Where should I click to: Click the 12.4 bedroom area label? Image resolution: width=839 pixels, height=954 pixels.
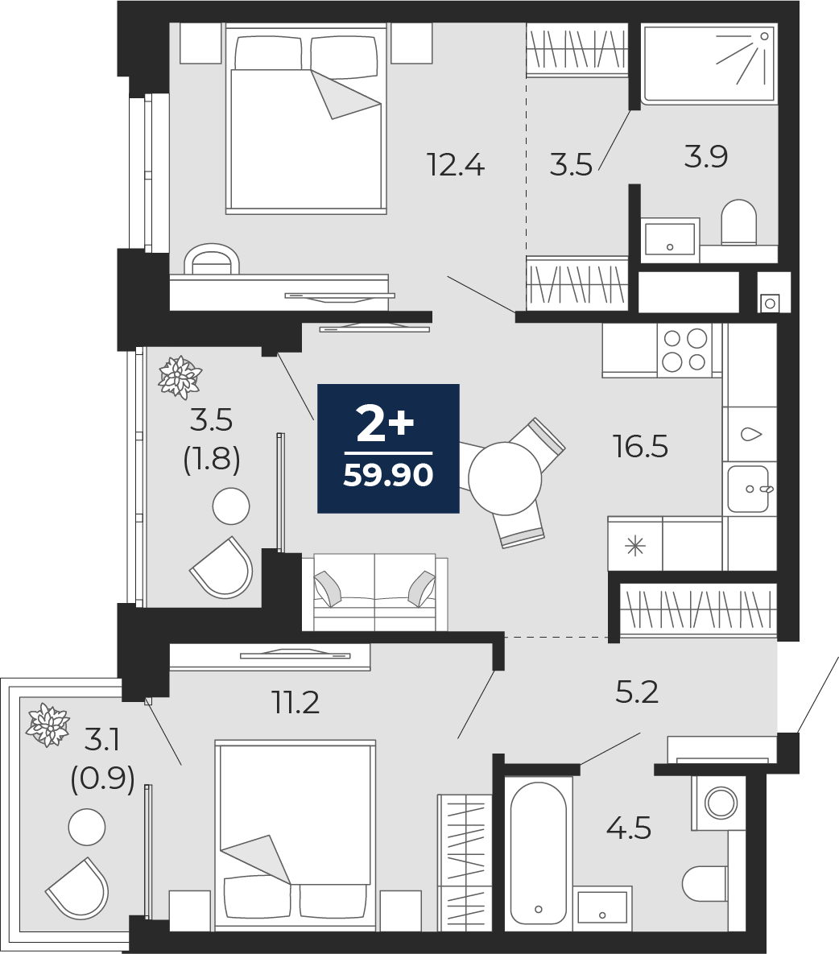pyautogui.click(x=456, y=165)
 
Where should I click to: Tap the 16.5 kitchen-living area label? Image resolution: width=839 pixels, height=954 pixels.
pyautogui.click(x=641, y=447)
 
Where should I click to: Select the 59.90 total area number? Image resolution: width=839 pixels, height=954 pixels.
pyautogui.click(x=388, y=474)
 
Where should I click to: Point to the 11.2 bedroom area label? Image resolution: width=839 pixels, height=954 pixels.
pyautogui.click(x=295, y=703)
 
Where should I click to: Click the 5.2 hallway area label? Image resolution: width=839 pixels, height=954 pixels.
pyautogui.click(x=637, y=692)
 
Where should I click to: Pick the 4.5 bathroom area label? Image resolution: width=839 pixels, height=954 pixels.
pyautogui.click(x=629, y=828)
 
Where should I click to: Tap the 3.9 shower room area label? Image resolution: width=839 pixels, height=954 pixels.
pyautogui.click(x=706, y=157)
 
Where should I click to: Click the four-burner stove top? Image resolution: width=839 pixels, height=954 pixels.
pyautogui.click(x=685, y=350)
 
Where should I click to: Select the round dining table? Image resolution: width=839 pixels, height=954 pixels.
pyautogui.click(x=505, y=479)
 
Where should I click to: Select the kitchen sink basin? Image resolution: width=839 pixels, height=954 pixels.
pyautogui.click(x=748, y=489)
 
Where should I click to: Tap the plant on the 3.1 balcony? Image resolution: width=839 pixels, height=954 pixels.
pyautogui.click(x=48, y=725)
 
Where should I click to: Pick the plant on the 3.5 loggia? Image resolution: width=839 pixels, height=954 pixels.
pyautogui.click(x=180, y=378)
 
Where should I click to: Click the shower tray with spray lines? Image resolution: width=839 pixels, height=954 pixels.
pyautogui.click(x=709, y=64)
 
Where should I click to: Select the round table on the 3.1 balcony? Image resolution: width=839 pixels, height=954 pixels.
pyautogui.click(x=87, y=828)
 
